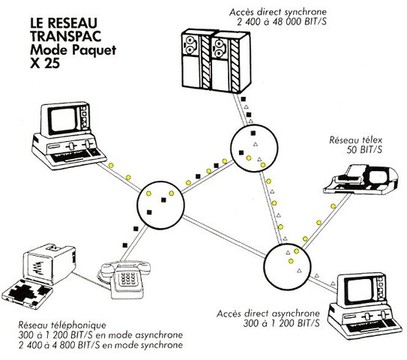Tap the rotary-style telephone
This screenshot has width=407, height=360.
(x=128, y=279)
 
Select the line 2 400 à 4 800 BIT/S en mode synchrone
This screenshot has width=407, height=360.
(x=91, y=346)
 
